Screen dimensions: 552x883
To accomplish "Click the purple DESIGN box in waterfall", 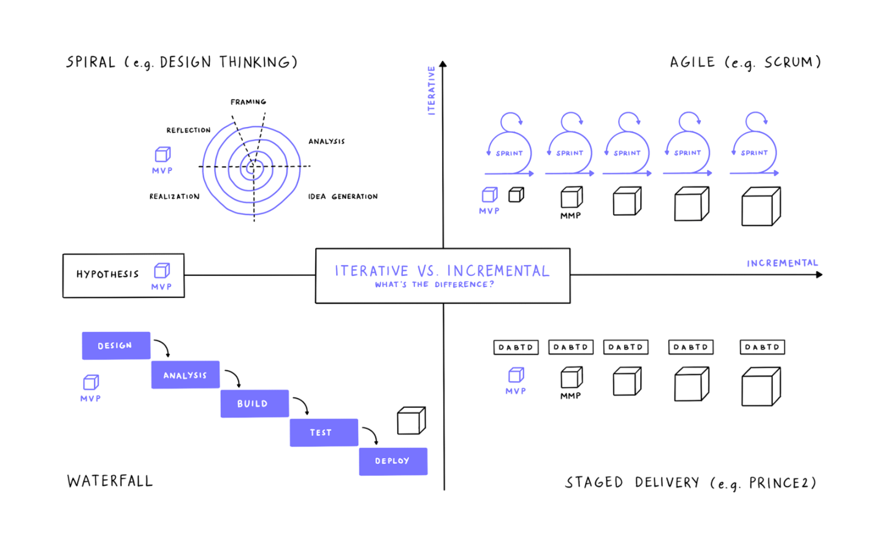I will (116, 346).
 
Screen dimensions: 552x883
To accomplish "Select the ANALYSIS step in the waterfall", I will (185, 375).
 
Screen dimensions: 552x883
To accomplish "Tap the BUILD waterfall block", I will (254, 404).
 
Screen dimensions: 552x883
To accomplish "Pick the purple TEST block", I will (323, 432).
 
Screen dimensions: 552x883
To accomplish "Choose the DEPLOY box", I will (392, 461).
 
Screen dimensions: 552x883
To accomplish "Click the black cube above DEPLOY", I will (411, 421).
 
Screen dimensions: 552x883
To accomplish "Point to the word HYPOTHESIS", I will (107, 274).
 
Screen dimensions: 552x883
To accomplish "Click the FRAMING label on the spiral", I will (248, 102).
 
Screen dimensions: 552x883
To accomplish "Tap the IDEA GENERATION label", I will (343, 196).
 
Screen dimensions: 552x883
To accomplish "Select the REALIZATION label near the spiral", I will (175, 196).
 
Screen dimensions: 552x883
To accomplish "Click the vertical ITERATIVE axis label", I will (431, 90).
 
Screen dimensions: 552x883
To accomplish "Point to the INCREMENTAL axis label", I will (782, 263).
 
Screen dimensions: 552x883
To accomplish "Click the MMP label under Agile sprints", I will (570, 216).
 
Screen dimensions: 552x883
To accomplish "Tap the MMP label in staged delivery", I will (570, 396).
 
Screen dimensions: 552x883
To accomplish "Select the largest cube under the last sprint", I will (760, 207).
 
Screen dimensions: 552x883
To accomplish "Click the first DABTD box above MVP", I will (516, 347).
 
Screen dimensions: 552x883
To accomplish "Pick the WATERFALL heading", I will (110, 481).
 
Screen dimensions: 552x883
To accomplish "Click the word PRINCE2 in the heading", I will (782, 483).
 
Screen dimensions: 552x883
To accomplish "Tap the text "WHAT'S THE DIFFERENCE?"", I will (434, 285).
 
